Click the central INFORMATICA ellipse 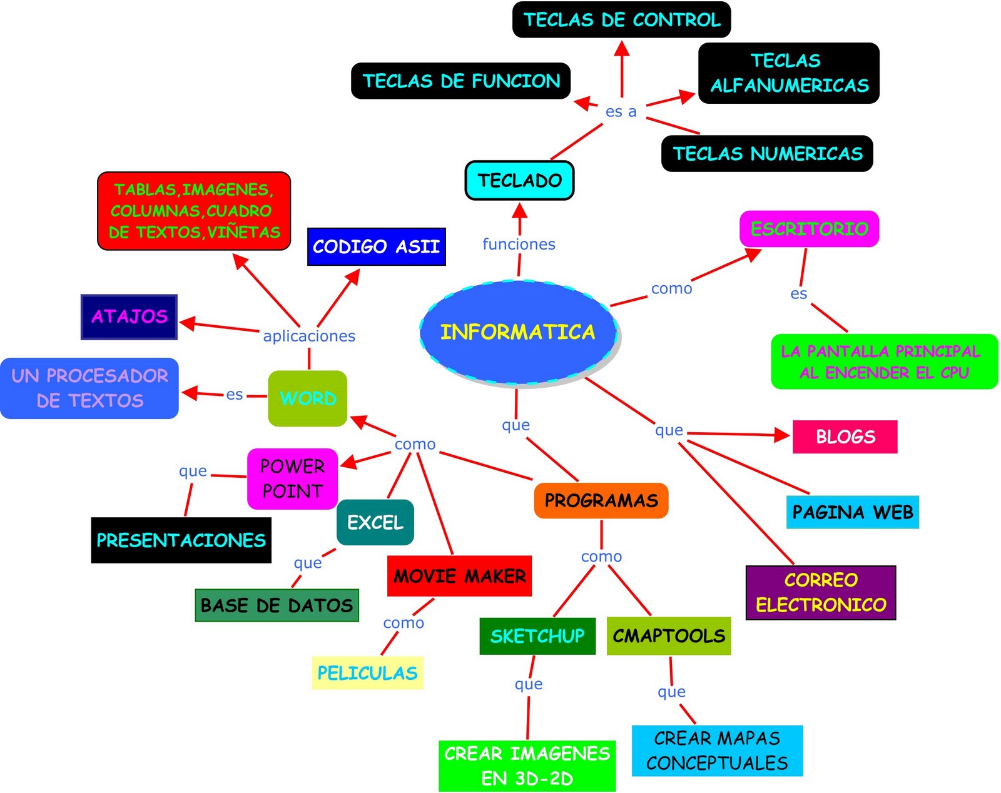point(518,331)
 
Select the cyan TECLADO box point(519,181)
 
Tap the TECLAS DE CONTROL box point(621,20)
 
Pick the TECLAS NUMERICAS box point(767,153)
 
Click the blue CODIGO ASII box point(376,246)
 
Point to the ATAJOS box point(129,316)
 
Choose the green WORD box point(307,398)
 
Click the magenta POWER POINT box point(292,478)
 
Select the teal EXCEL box point(375,522)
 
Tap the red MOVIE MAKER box point(459,575)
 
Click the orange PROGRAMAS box point(601,500)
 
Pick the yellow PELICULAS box point(367,673)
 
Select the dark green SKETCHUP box point(537,636)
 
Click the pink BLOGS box point(845,437)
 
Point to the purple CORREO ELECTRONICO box point(820,592)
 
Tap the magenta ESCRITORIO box point(809,229)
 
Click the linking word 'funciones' point(519,244)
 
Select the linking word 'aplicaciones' point(309,336)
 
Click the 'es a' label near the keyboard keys point(621,111)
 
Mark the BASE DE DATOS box point(277,605)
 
